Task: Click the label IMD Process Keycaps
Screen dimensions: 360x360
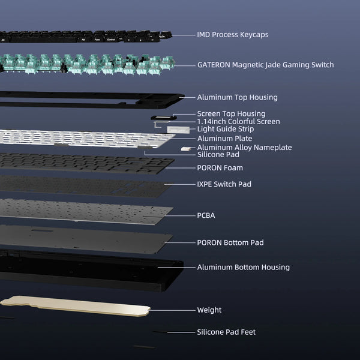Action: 233,35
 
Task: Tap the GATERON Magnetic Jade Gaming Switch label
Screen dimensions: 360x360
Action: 265,65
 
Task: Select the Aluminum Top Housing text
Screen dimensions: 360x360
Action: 237,97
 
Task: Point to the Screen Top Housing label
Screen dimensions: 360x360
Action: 231,113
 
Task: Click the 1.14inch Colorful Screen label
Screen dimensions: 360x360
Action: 239,121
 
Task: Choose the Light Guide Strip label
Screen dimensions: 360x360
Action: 226,129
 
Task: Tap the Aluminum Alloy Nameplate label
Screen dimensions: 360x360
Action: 244,148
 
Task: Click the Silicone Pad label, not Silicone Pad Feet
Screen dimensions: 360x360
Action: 218,155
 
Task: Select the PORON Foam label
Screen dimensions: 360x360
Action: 220,168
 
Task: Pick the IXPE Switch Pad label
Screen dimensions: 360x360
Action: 224,184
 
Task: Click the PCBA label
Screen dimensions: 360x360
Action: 206,215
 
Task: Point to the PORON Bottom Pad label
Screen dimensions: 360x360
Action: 230,242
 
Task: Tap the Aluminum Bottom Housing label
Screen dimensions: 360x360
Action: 244,267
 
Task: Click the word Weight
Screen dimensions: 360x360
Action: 209,310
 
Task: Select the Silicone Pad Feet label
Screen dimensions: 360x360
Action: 226,332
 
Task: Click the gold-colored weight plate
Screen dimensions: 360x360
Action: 76,306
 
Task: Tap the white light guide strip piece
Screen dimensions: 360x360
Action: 178,130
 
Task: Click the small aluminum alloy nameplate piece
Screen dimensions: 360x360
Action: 186,149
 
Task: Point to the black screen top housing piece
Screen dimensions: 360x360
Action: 163,118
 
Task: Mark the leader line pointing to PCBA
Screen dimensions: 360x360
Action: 180,216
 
